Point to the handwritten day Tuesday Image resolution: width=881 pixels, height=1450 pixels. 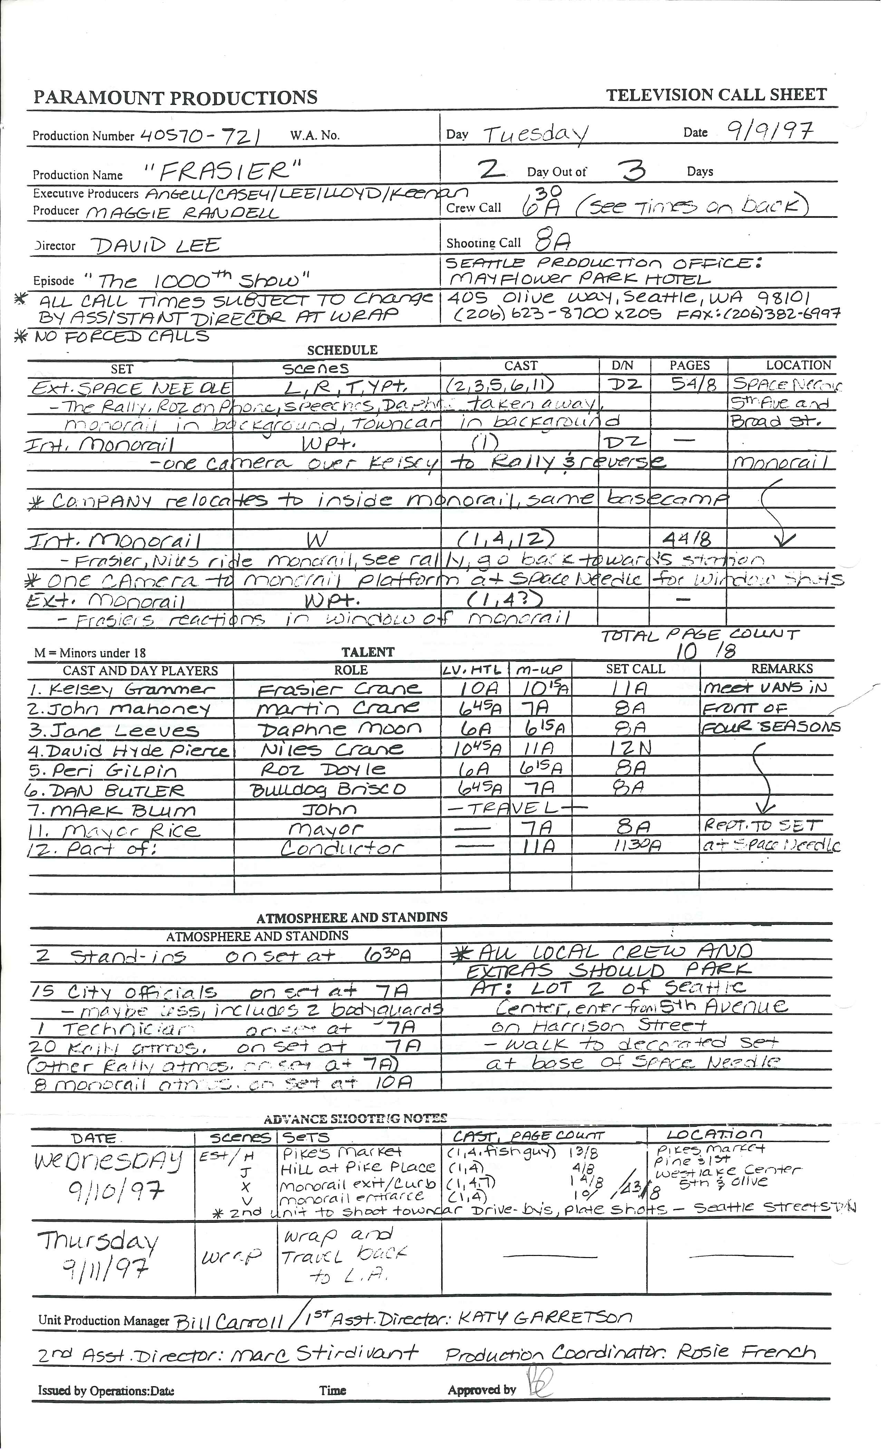[535, 135]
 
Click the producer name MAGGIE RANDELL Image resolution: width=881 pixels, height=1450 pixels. [182, 212]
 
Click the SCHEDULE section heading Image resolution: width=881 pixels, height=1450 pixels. [342, 350]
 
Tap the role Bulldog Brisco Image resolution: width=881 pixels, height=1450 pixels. [328, 789]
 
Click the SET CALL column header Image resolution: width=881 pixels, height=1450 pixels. [635, 669]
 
